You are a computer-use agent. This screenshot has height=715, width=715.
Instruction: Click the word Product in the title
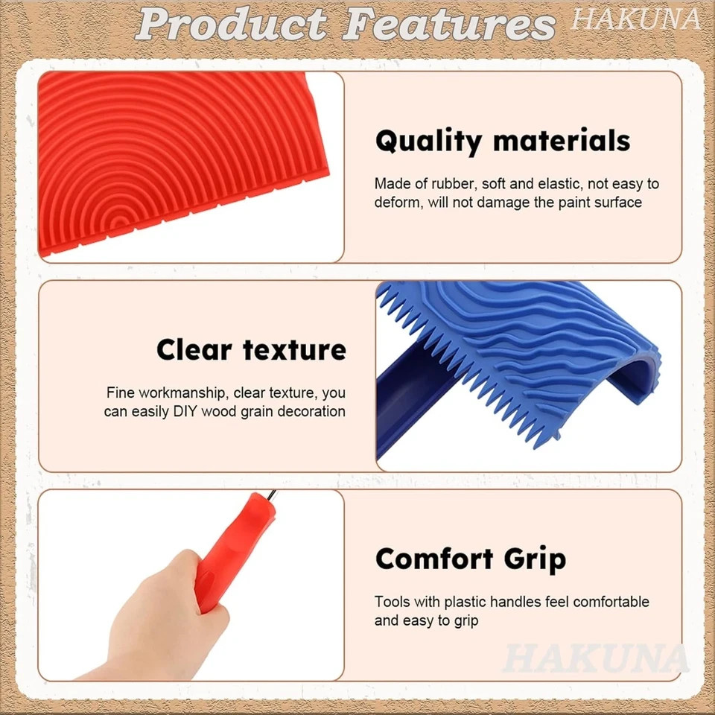(x=232, y=25)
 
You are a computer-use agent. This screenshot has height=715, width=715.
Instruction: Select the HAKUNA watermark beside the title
(x=635, y=19)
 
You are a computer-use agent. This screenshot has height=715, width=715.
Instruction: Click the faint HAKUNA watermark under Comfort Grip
(x=595, y=658)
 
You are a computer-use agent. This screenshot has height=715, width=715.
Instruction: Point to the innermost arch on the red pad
(x=117, y=221)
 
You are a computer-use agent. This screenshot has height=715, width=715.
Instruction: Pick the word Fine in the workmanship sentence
(x=120, y=393)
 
